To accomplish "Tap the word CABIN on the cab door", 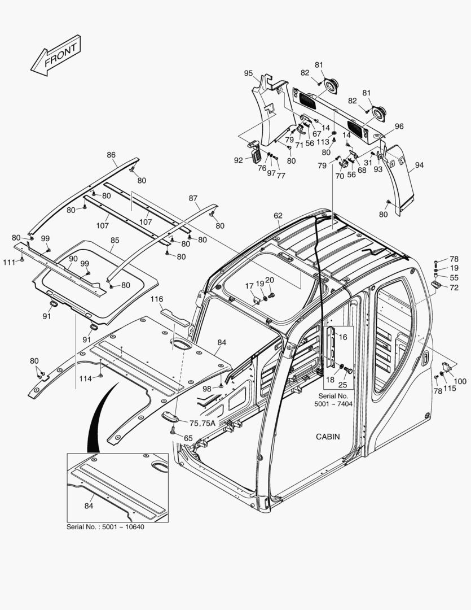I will (x=328, y=437).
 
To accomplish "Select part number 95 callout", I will (x=248, y=73).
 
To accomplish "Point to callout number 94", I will (x=419, y=165).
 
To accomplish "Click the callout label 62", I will (x=278, y=216).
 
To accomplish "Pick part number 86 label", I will (x=111, y=155).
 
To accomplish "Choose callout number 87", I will (x=193, y=198).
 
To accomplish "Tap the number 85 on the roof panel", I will (x=115, y=240).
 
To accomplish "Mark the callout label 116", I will (x=157, y=298).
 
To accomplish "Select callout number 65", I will (x=188, y=438).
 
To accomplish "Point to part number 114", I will (x=85, y=378).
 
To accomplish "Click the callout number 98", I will (x=207, y=389).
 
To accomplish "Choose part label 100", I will (x=460, y=381).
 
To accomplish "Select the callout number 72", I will (x=454, y=287).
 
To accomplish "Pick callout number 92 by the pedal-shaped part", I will (x=239, y=160).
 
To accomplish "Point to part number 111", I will (x=8, y=262).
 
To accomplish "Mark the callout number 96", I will (x=399, y=127).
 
